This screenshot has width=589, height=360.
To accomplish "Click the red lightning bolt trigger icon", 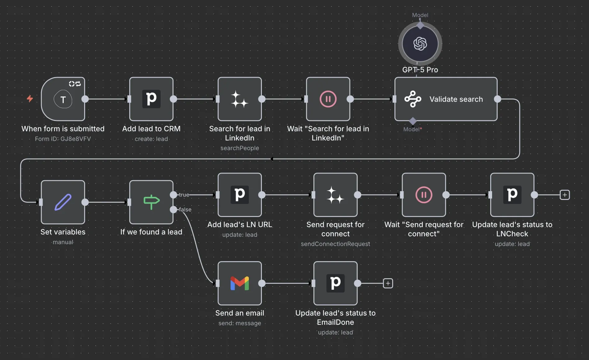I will (30, 99).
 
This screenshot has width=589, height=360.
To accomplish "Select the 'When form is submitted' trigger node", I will (63, 99).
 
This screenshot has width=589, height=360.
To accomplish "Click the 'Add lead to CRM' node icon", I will (151, 99).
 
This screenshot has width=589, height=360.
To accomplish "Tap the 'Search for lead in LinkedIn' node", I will (240, 99).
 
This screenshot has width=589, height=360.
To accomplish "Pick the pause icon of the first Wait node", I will (328, 99).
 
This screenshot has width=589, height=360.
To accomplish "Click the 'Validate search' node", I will (446, 99).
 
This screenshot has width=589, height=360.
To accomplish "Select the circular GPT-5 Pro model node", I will (420, 44).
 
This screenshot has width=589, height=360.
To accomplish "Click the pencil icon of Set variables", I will (63, 202).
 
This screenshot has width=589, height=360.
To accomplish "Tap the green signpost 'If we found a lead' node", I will (151, 202).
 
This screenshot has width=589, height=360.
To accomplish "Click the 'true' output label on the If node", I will (184, 195).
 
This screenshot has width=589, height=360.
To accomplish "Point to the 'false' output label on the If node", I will (185, 210).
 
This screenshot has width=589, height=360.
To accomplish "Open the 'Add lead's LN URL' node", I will (240, 195).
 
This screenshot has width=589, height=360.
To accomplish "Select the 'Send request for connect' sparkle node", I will (336, 195).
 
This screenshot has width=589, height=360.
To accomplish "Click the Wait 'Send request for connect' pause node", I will (424, 195).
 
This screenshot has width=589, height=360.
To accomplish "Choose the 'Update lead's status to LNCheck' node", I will (512, 195).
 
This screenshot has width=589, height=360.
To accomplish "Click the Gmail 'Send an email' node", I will (240, 283).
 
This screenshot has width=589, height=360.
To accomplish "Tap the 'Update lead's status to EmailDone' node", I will (336, 283).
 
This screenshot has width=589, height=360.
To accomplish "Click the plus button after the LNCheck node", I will (565, 195).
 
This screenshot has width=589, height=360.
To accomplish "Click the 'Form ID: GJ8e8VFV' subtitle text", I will (63, 139).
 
